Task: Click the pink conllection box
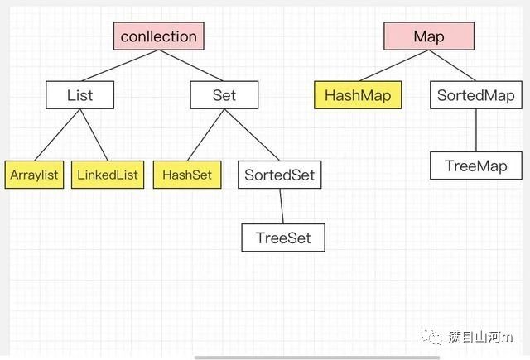pyautogui.click(x=158, y=36)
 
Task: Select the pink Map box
pyautogui.click(x=429, y=36)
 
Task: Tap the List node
pyautogui.click(x=79, y=95)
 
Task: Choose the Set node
pyautogui.click(x=224, y=95)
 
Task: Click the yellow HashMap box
pyautogui.click(x=358, y=95)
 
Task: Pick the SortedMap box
pyautogui.click(x=476, y=95)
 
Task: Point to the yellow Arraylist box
pyautogui.click(x=34, y=175)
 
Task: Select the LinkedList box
pyautogui.click(x=108, y=175)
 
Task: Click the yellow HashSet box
pyautogui.click(x=187, y=175)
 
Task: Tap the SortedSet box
pyautogui.click(x=280, y=175)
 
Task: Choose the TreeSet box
pyautogui.click(x=283, y=238)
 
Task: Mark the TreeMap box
pyautogui.click(x=476, y=166)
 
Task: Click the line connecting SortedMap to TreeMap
pyautogui.click(x=476, y=131)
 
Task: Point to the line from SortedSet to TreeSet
pyautogui.click(x=282, y=206)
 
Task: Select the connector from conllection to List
pyautogui.click(x=120, y=65)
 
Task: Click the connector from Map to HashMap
pyautogui.click(x=394, y=65)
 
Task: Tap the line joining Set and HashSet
pyautogui.click(x=206, y=135)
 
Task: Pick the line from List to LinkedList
pyautogui.click(x=94, y=135)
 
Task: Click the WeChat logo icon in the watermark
pyautogui.click(x=431, y=336)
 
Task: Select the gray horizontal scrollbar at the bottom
pyautogui.click(x=317, y=358)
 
